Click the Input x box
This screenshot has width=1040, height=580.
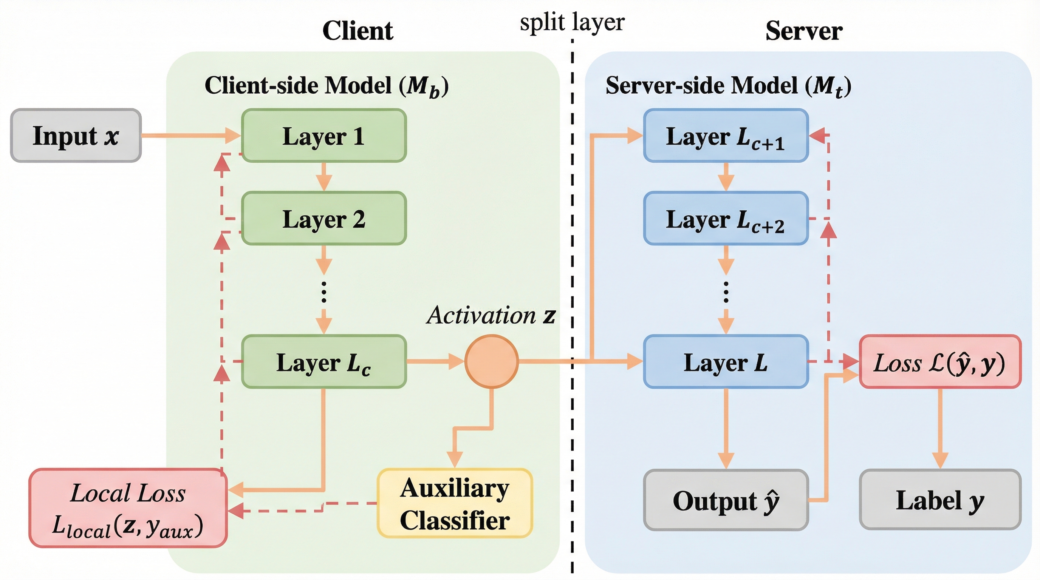click(x=76, y=136)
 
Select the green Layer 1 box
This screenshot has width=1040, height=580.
click(x=324, y=136)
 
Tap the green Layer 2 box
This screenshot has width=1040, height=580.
click(x=324, y=218)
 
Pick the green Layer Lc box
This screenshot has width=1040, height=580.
click(x=324, y=362)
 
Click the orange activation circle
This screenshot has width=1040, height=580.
click(x=491, y=361)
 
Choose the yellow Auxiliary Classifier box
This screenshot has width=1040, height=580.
click(x=455, y=503)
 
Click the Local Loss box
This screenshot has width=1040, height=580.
click(x=128, y=508)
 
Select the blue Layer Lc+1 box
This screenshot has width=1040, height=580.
click(x=726, y=136)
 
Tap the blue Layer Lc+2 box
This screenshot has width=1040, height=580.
click(x=726, y=218)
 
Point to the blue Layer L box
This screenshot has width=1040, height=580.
click(x=726, y=362)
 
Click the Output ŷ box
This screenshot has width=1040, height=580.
click(x=726, y=500)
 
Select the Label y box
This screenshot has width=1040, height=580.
click(x=940, y=500)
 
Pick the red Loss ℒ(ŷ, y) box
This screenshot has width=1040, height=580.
click(x=940, y=362)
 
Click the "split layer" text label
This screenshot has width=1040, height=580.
click(x=572, y=22)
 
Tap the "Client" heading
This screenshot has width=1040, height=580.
click(x=358, y=31)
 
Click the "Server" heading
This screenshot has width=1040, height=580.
click(x=804, y=31)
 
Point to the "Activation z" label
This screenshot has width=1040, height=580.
click(x=491, y=315)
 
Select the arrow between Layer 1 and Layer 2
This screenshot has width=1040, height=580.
click(x=324, y=177)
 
